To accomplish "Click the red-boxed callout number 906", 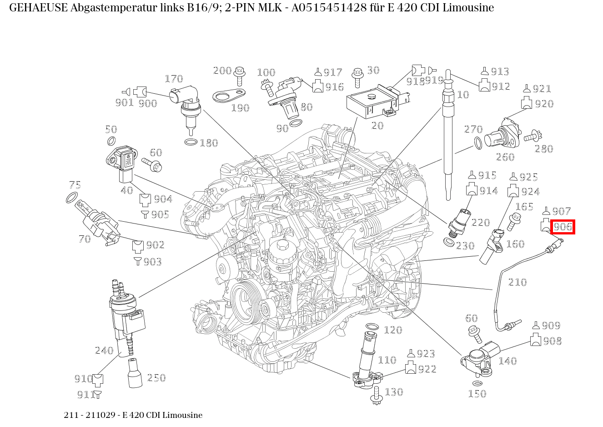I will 563,227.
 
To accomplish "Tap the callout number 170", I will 173,79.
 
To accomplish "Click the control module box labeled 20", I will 371,102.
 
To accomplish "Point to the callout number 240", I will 104,350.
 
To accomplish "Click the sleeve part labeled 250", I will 135,373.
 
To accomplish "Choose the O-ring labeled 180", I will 191,142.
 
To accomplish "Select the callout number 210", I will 517,282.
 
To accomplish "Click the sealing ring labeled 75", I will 71,198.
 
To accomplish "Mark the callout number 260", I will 505,157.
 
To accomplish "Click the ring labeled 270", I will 478,143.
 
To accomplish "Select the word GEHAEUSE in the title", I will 38,8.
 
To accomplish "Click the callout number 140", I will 507,361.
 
